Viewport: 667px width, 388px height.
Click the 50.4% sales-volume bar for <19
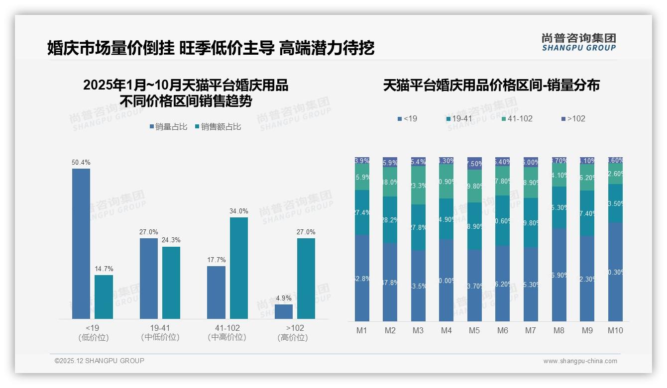click(81, 243)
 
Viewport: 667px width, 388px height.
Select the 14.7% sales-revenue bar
click(104, 296)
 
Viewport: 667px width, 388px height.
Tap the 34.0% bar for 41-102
click(239, 268)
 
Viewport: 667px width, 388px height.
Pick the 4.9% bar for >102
click(284, 311)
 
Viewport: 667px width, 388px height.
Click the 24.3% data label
click(171, 240)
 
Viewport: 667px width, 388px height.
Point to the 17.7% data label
click(217, 260)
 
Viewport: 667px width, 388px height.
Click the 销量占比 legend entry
click(168, 127)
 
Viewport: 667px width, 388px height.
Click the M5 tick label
click(474, 331)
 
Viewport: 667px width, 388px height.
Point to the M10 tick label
click(615, 331)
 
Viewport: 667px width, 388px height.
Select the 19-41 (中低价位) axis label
click(160, 332)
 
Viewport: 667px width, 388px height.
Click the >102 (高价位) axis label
click(295, 332)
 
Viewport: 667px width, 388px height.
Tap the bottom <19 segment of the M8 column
click(559, 275)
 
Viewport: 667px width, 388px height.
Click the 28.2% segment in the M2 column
click(390, 220)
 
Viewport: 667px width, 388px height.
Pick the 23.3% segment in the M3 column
click(418, 186)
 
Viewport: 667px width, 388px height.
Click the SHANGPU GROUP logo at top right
click(578, 42)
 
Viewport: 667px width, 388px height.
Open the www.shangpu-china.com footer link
click(580, 361)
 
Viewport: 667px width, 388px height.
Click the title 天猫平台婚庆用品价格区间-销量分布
click(491, 85)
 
